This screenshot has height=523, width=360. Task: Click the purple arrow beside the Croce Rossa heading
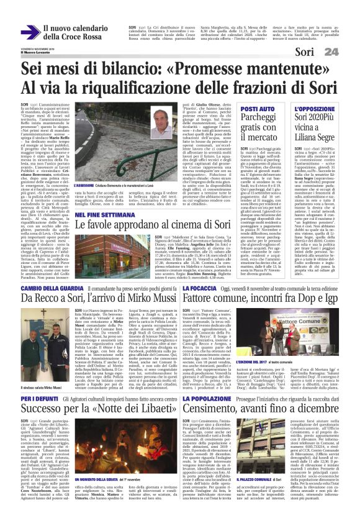[28, 32]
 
